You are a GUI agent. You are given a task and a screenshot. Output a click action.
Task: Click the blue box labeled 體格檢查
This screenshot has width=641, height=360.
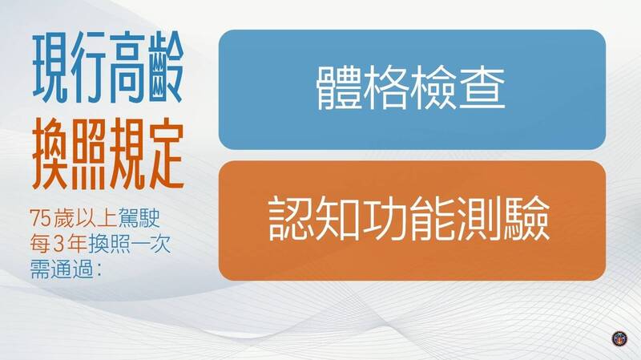(412, 89)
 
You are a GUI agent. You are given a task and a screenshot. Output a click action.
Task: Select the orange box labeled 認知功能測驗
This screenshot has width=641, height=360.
(412, 220)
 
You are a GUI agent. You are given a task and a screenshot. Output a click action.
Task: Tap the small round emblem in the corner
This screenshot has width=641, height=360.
(619, 338)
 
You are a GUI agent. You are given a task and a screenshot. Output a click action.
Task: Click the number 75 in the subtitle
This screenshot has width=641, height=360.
(39, 219)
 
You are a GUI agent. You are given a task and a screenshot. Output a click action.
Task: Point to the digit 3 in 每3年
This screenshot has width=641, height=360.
(58, 245)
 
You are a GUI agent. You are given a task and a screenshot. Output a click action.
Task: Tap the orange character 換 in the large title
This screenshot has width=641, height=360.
(50, 154)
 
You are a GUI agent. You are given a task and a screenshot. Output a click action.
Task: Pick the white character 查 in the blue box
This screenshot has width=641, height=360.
(482, 88)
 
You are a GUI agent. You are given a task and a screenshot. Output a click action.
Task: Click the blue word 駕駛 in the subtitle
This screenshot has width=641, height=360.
(139, 219)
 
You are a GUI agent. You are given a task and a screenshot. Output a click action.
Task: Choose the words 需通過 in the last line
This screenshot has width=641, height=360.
(62, 270)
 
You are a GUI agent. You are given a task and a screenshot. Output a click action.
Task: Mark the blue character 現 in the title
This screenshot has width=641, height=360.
(50, 68)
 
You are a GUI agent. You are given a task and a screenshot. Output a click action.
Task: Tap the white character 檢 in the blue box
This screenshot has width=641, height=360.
(434, 88)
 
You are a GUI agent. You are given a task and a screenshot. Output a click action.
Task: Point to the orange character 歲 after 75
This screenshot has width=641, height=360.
(63, 219)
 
